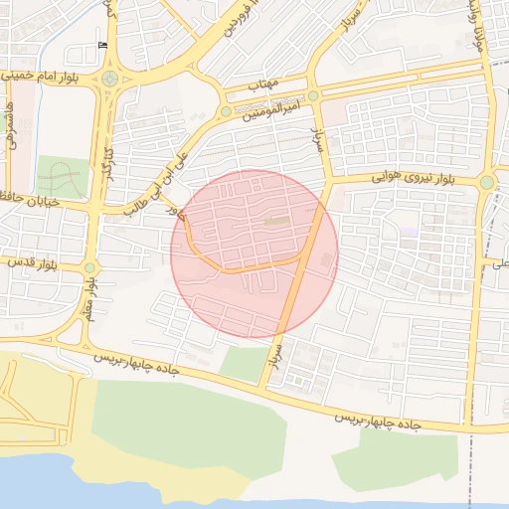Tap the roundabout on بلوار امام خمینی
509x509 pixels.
109,80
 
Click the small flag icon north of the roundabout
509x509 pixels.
102,46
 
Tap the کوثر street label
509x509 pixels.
176,210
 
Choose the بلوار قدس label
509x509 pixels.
40,265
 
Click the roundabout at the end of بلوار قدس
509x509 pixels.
90,267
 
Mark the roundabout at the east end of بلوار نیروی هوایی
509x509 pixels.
486,183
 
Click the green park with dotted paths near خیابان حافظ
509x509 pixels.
62,176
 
